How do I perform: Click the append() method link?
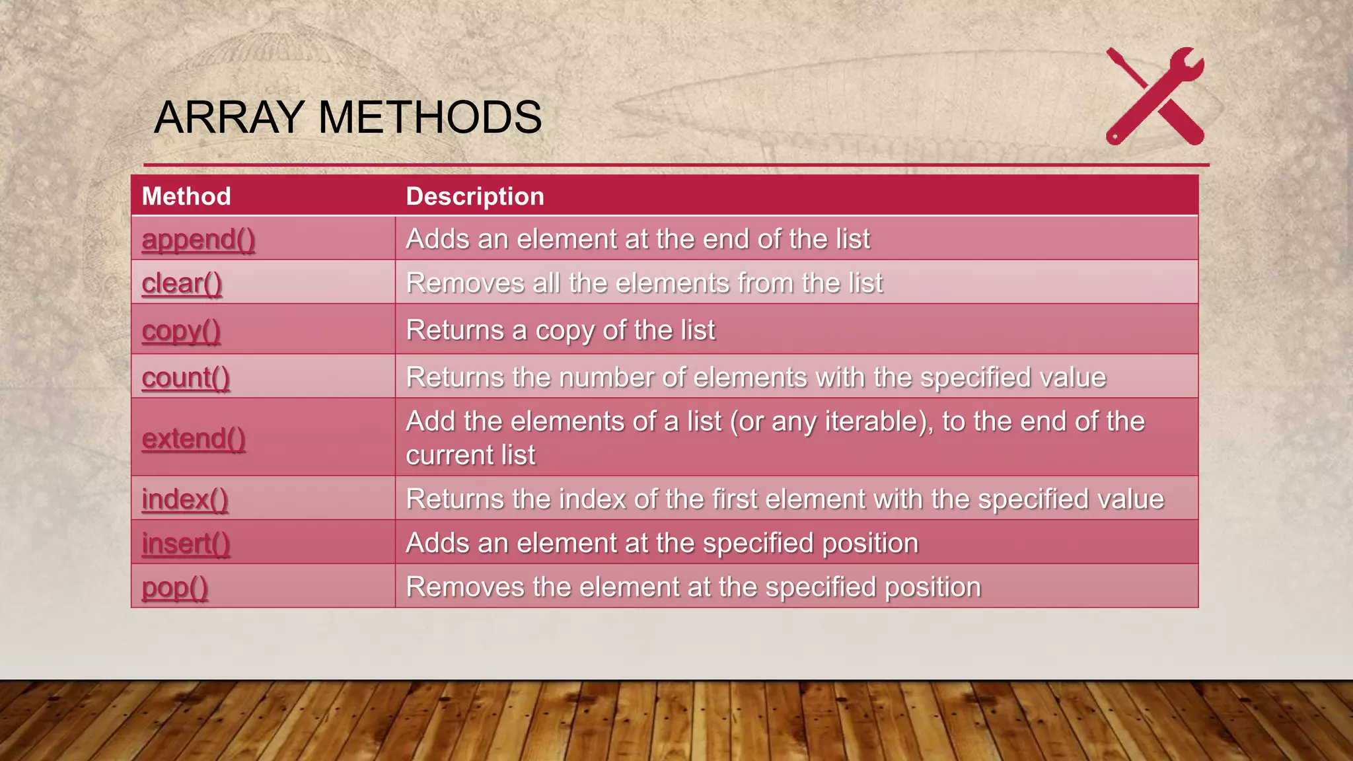point(198,239)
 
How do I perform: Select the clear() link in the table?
point(182,283)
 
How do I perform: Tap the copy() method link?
point(181,331)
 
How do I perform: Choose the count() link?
point(186,378)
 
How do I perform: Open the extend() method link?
point(194,439)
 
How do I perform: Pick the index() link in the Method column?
point(185,499)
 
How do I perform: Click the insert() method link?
point(186,544)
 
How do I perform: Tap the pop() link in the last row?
point(175,587)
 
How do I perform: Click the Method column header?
point(186,196)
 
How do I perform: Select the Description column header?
point(475,196)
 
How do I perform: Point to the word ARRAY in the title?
point(229,118)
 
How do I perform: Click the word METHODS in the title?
point(430,118)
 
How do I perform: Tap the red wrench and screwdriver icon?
point(1155,96)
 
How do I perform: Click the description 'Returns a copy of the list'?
point(560,330)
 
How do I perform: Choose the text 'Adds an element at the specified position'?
point(662,543)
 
